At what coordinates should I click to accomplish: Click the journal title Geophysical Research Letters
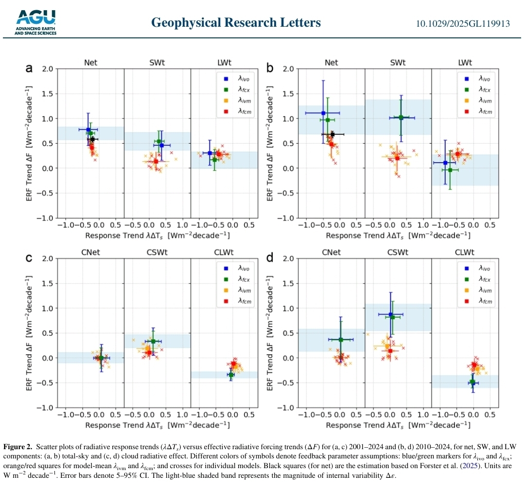point(236,22)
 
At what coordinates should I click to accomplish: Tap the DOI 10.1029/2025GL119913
point(462,23)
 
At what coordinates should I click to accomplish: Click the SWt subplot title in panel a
point(157,63)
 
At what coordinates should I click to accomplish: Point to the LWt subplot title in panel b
point(465,63)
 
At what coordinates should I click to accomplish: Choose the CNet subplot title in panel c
point(90,252)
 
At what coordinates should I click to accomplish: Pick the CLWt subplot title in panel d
point(465,252)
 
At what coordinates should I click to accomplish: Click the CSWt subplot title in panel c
point(157,252)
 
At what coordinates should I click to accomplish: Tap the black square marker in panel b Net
point(332,134)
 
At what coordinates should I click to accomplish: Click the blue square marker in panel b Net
point(323,113)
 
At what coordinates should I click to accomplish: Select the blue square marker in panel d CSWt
point(390,315)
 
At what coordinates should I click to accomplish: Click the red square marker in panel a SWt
point(156,161)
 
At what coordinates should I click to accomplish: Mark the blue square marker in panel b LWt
point(445,163)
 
